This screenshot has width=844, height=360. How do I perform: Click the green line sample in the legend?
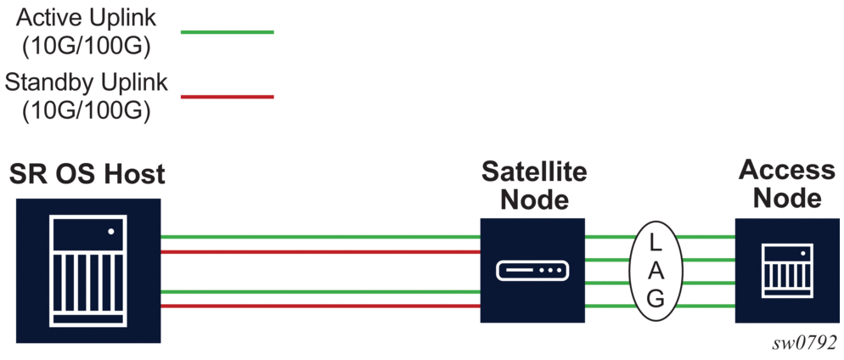[228, 32]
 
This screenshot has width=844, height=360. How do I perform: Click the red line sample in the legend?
[228, 97]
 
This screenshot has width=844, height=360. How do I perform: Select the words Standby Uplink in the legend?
[86, 83]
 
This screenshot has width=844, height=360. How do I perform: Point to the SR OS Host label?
[87, 175]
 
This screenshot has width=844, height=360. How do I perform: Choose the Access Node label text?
[787, 183]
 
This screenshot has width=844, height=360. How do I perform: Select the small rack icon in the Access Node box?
[786, 269]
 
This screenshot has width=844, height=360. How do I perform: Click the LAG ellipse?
[656, 270]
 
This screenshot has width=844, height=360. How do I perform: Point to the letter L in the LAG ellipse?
[655, 242]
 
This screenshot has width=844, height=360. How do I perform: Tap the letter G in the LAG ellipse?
[656, 299]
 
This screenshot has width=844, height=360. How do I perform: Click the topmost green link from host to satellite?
[320, 237]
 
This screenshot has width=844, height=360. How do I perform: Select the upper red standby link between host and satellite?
[320, 252]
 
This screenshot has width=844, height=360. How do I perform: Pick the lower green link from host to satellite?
[320, 290]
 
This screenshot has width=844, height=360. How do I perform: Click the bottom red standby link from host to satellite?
[320, 305]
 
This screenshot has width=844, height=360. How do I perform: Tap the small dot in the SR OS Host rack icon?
[110, 231]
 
